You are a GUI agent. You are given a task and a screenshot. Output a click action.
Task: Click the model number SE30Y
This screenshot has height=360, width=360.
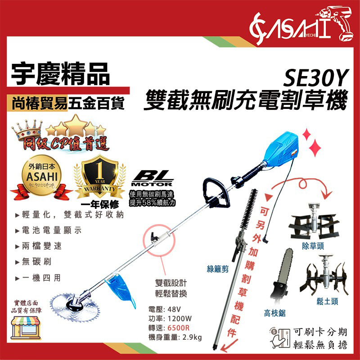coord(315,81)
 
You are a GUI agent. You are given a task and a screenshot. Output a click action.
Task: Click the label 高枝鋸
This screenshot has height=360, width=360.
coord(274,313)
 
